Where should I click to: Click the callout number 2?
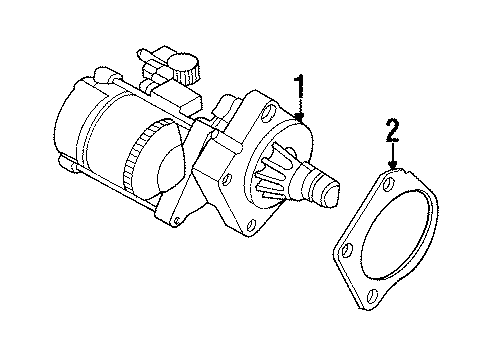pyautogui.click(x=392, y=129)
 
